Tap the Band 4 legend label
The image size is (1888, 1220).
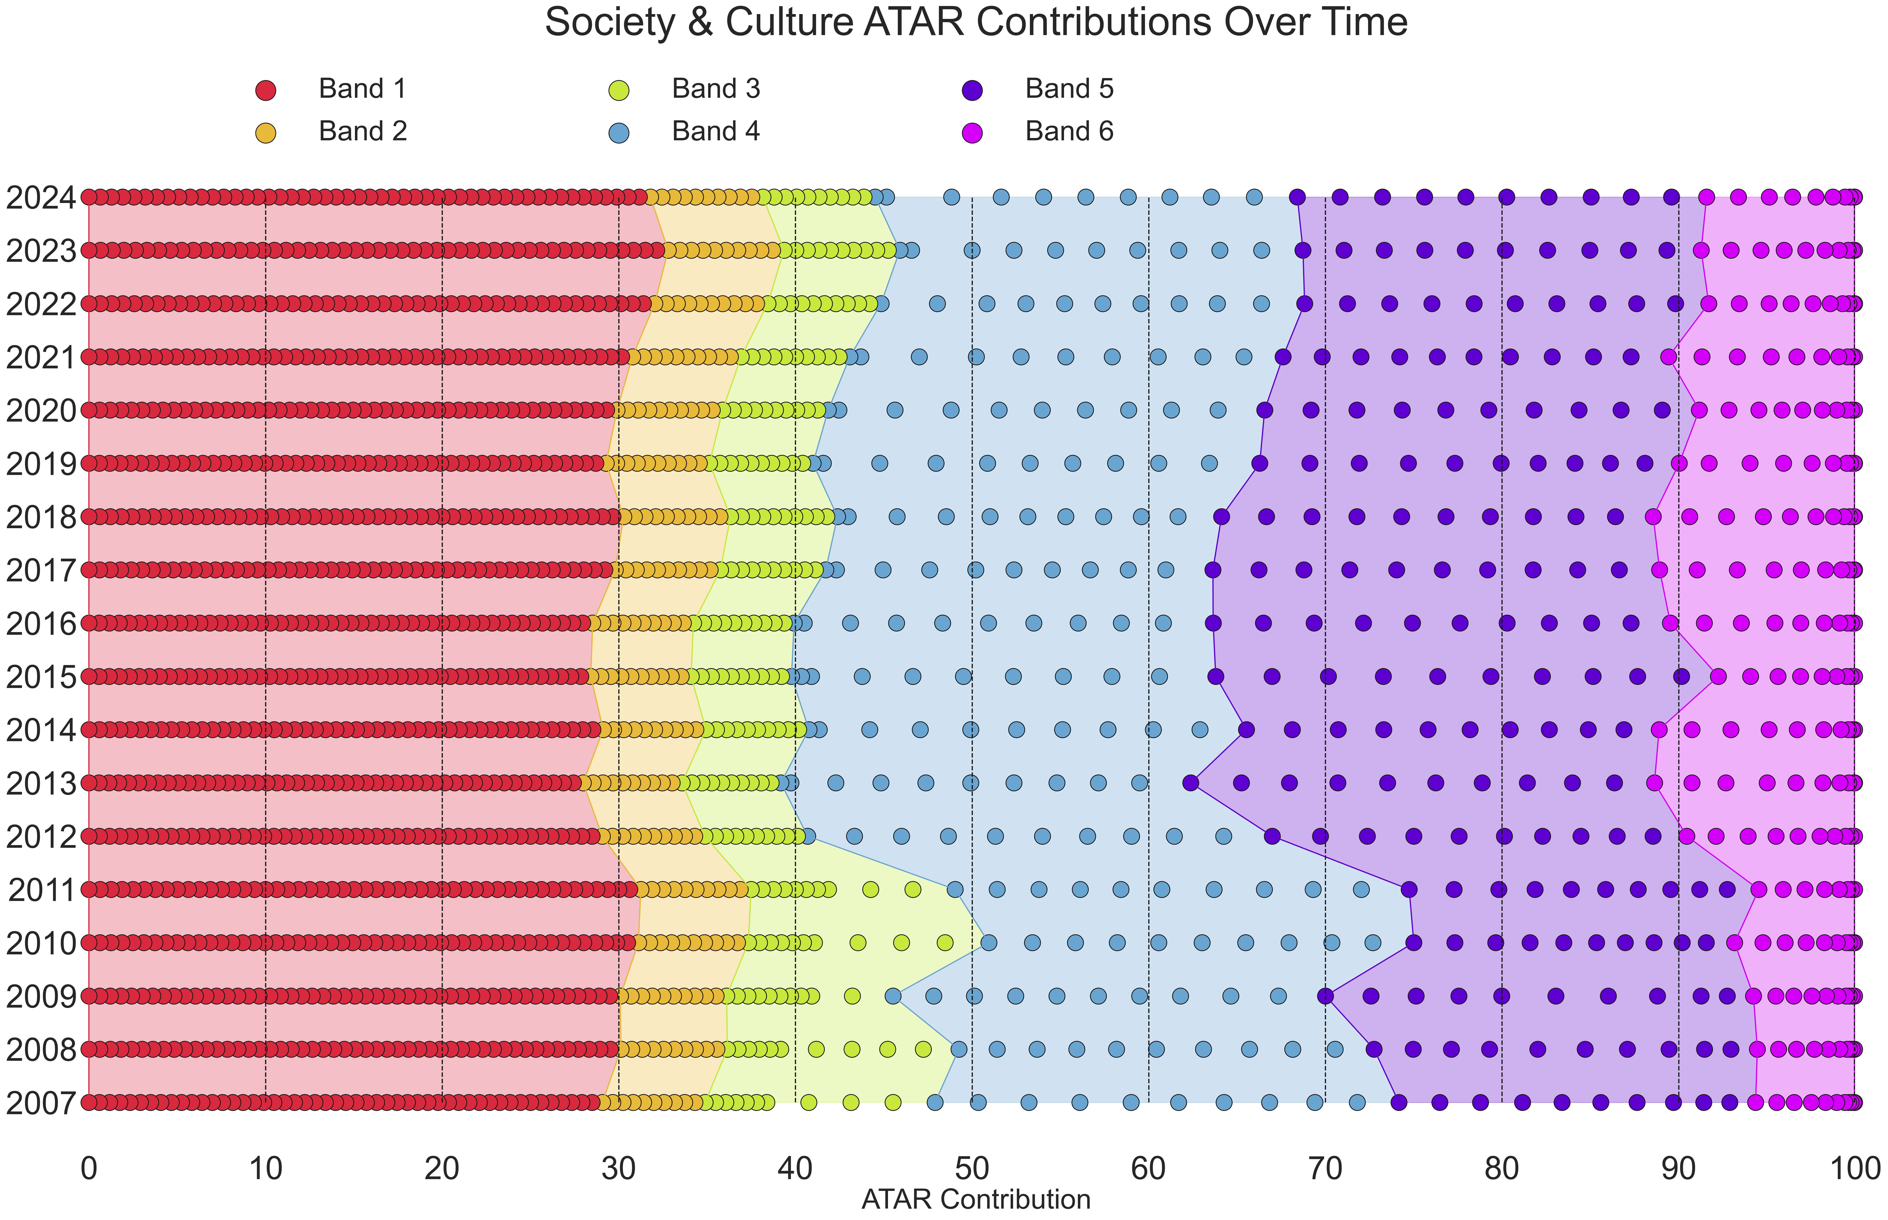tap(715, 131)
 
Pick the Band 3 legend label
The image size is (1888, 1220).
tap(715, 89)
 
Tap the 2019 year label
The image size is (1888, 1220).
tap(41, 464)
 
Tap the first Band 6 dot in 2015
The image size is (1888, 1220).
tap(1718, 677)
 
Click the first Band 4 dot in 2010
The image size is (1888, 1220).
tap(989, 943)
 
